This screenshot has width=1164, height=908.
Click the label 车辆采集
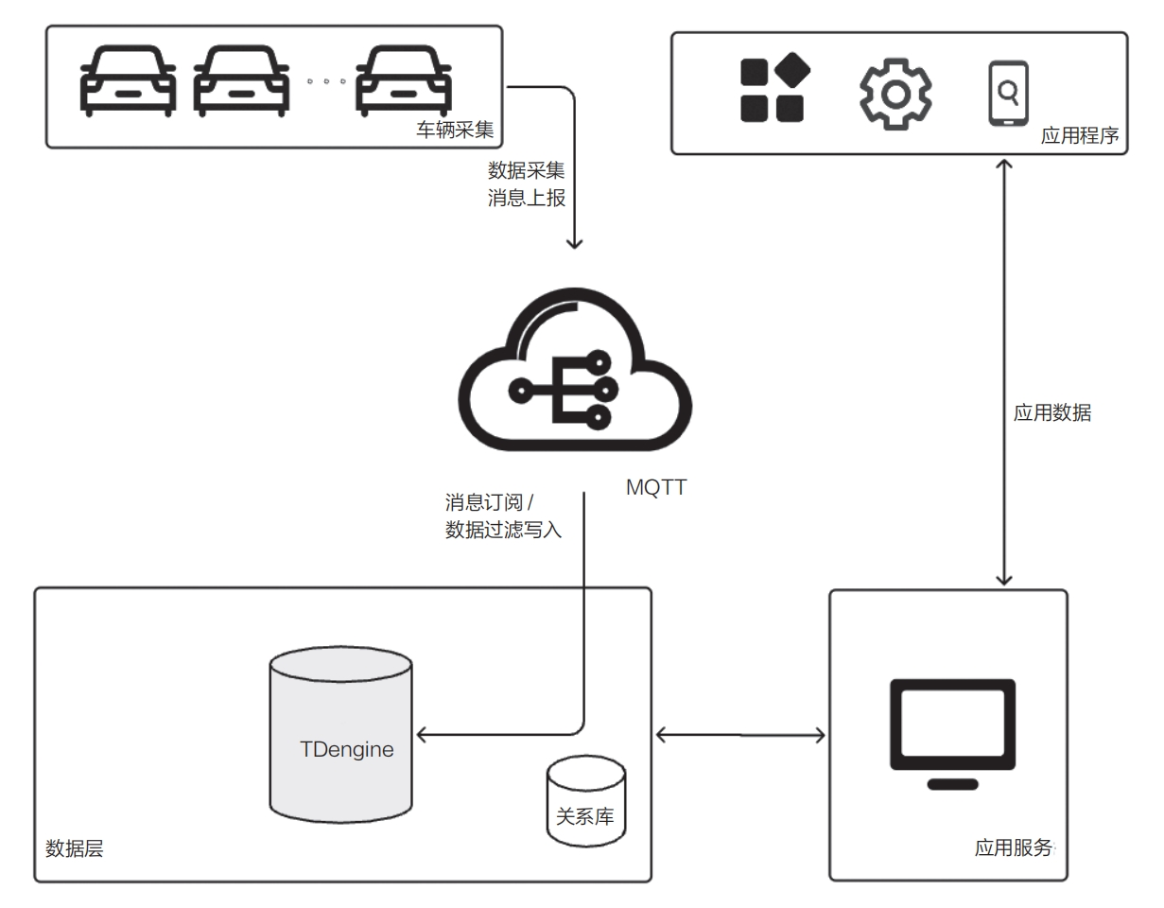coord(455,131)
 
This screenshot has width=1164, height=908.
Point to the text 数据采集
coord(526,170)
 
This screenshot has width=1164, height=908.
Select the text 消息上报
coord(526,200)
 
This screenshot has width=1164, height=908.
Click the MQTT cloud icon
coord(575,376)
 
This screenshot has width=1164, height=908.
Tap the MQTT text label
coord(656,488)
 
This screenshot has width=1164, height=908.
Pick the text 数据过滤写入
coord(503,531)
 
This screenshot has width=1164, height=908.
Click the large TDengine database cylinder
coord(340,734)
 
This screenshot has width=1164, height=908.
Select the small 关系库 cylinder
coord(585,800)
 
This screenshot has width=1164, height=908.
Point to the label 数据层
coord(74,848)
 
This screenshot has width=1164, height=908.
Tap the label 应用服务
coord(1013,848)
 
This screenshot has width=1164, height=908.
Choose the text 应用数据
coord(1051,413)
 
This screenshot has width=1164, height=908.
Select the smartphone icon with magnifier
coord(1007,93)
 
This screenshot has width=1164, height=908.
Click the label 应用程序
coord(1079,136)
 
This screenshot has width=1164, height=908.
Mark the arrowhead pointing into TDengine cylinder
coord(423,734)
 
